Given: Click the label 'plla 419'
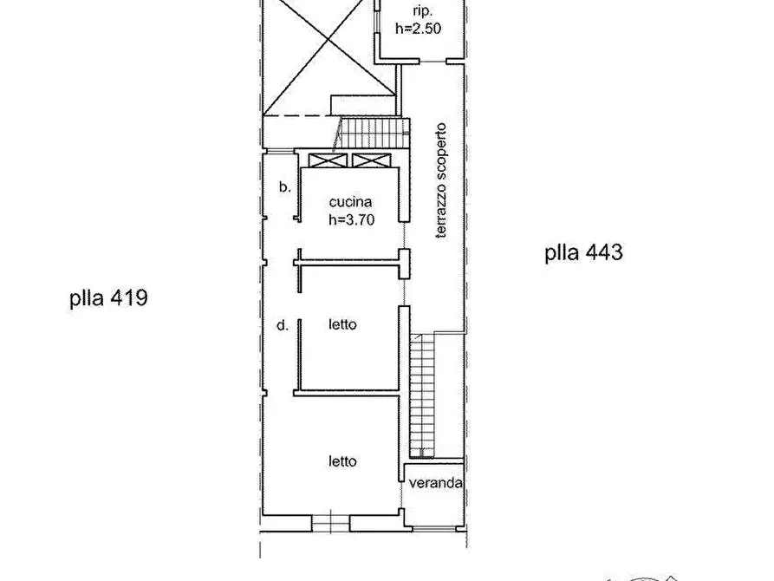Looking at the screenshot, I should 109,299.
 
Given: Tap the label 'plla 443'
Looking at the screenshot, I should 583,253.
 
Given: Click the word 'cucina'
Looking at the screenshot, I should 352,203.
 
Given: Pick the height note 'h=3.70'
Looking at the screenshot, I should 351,220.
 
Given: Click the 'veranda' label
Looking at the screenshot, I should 435,483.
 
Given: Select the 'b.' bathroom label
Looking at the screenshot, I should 283,186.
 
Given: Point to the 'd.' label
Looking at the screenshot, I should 282,326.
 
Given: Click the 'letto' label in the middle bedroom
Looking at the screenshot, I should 342,325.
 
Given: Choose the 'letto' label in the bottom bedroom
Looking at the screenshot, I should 342,461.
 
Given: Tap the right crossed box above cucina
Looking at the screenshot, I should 371,160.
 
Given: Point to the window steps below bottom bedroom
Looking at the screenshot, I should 331,523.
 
